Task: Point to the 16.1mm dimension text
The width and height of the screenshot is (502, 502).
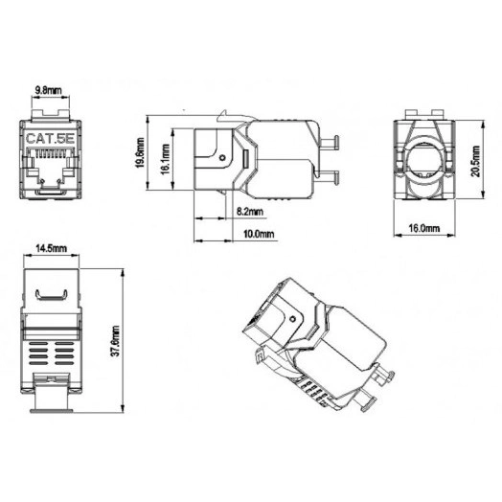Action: (167, 159)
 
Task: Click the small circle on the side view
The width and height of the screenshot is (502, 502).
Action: (221, 150)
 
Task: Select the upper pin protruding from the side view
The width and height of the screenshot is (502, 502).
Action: (331, 145)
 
